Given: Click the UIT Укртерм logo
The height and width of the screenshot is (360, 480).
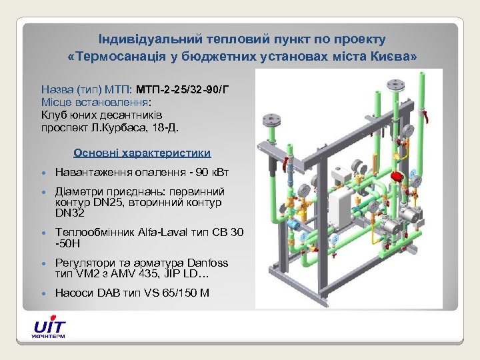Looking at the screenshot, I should (x=49, y=329).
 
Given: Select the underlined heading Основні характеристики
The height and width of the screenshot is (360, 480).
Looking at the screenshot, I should (x=143, y=152).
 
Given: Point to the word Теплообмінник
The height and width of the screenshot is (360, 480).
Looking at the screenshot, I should (x=92, y=233).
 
